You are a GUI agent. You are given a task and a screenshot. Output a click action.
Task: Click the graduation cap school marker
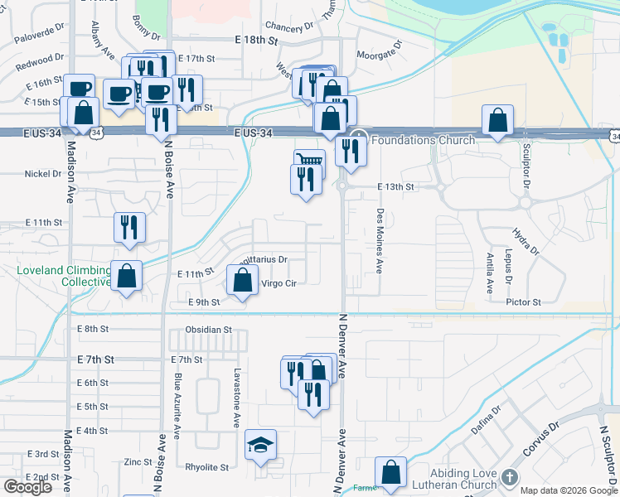pos(260,447)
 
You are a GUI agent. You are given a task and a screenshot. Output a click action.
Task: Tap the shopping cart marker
pos(308,161)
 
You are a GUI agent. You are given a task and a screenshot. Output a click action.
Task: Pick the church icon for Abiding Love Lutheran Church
pos(509,478)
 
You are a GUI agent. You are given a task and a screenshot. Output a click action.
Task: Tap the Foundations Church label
pos(423,140)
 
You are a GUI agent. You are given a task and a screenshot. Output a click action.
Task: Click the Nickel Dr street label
pos(43,174)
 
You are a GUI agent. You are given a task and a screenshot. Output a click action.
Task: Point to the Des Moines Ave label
pos(380,240)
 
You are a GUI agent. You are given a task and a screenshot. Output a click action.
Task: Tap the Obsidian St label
pos(209,330)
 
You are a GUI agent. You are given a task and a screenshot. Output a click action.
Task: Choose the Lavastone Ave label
pos(236,398)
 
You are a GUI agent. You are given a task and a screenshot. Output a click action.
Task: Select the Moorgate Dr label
pos(379,55)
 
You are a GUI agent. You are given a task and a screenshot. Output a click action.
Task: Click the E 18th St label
pos(259,40)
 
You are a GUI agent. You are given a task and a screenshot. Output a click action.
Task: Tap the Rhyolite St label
pos(206,467)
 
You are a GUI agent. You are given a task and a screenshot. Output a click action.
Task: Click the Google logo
pos(27,487)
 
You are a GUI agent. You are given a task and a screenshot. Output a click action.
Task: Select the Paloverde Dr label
pos(40,32)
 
